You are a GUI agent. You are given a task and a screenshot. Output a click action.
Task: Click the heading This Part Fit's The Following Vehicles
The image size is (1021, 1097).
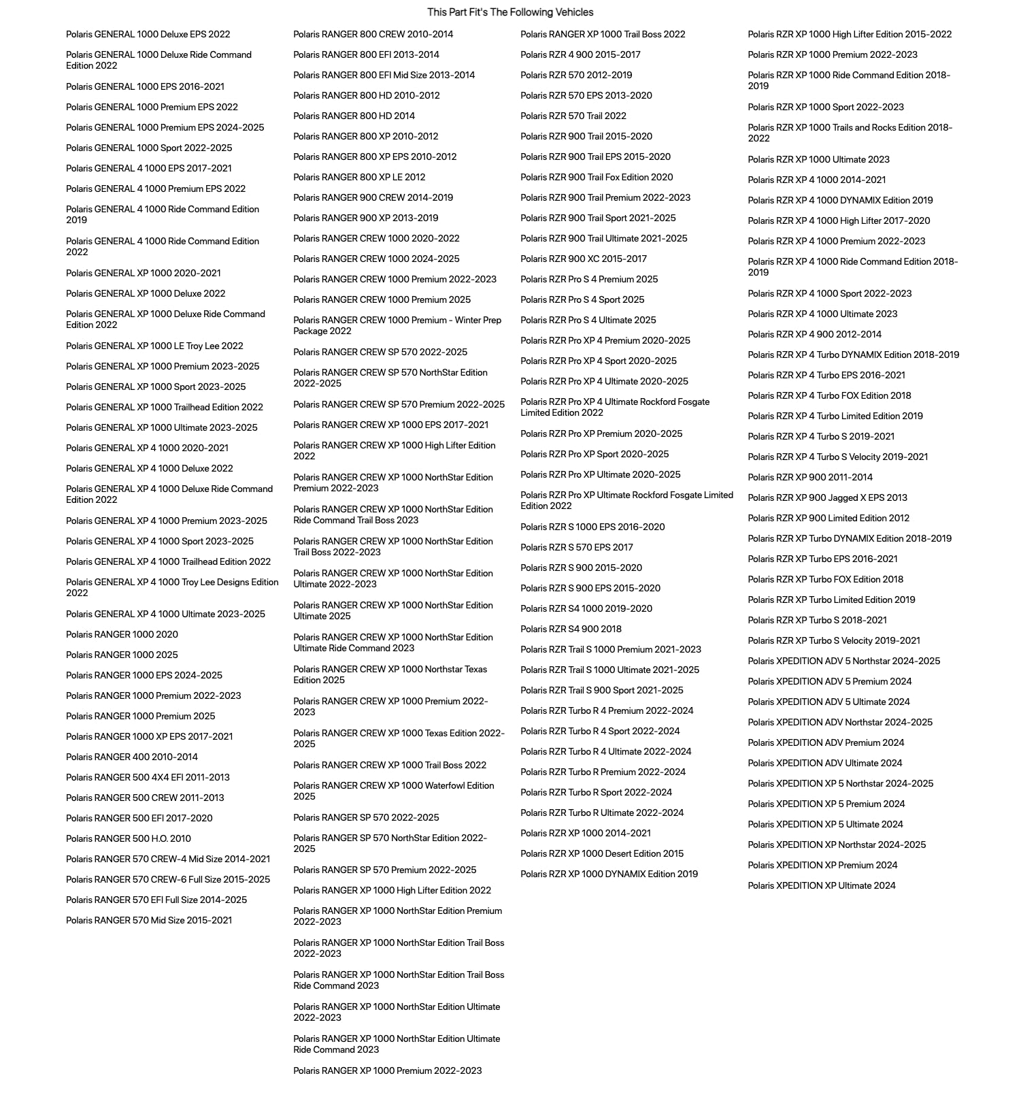[510, 12]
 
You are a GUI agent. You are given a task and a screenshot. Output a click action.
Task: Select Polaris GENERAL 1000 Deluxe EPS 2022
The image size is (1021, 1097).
[148, 34]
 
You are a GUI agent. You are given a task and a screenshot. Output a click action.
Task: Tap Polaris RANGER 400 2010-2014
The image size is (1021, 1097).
[131, 757]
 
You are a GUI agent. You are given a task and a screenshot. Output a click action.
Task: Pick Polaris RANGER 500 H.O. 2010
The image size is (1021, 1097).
[128, 838]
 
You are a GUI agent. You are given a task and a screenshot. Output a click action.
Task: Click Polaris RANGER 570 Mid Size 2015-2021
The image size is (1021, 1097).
[148, 920]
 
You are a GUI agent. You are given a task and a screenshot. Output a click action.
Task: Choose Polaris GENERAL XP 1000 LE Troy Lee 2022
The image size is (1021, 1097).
[154, 346]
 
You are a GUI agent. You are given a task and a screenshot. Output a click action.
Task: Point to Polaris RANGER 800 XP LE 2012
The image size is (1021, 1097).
[358, 177]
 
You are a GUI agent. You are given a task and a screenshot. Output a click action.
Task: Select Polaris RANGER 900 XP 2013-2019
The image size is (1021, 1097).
[365, 218]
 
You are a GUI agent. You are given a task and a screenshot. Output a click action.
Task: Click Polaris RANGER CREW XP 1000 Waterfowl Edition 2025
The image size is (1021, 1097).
[393, 791]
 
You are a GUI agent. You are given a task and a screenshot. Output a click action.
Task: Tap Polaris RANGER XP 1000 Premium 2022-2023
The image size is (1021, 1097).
[387, 1070]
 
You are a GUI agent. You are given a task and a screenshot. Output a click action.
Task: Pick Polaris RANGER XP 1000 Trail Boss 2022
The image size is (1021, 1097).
[603, 34]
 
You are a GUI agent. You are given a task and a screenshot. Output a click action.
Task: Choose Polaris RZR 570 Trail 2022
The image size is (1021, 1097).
[573, 116]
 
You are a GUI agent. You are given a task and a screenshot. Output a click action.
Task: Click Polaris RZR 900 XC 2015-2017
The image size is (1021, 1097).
[583, 259]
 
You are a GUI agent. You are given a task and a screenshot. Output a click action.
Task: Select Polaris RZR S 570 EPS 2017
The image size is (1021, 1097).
[576, 547]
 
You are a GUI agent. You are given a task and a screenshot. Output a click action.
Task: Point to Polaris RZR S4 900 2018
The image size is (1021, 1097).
[571, 629]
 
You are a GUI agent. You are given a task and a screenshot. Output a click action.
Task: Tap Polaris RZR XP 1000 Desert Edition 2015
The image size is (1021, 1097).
[601, 853]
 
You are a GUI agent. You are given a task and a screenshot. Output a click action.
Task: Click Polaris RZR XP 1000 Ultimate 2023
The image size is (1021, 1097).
[818, 159]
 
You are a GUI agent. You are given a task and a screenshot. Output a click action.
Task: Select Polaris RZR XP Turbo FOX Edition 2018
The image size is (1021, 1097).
[825, 579]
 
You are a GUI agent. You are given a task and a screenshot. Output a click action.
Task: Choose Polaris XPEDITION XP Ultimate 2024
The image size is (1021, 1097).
[821, 885]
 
